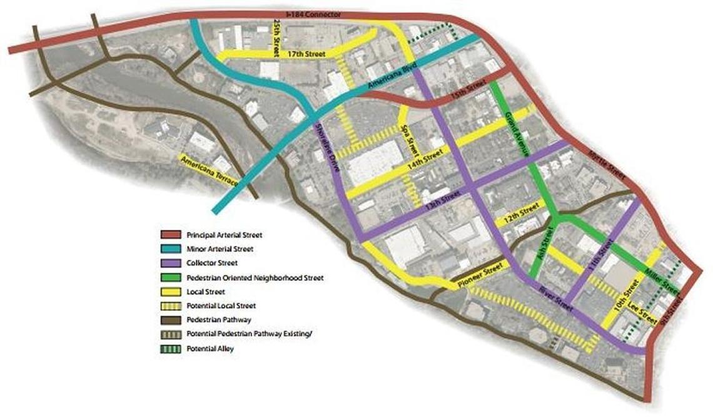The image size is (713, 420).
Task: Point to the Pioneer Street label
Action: point(480,276)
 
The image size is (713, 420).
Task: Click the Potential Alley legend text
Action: point(210,349)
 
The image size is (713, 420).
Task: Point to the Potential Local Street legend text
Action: point(220,306)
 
